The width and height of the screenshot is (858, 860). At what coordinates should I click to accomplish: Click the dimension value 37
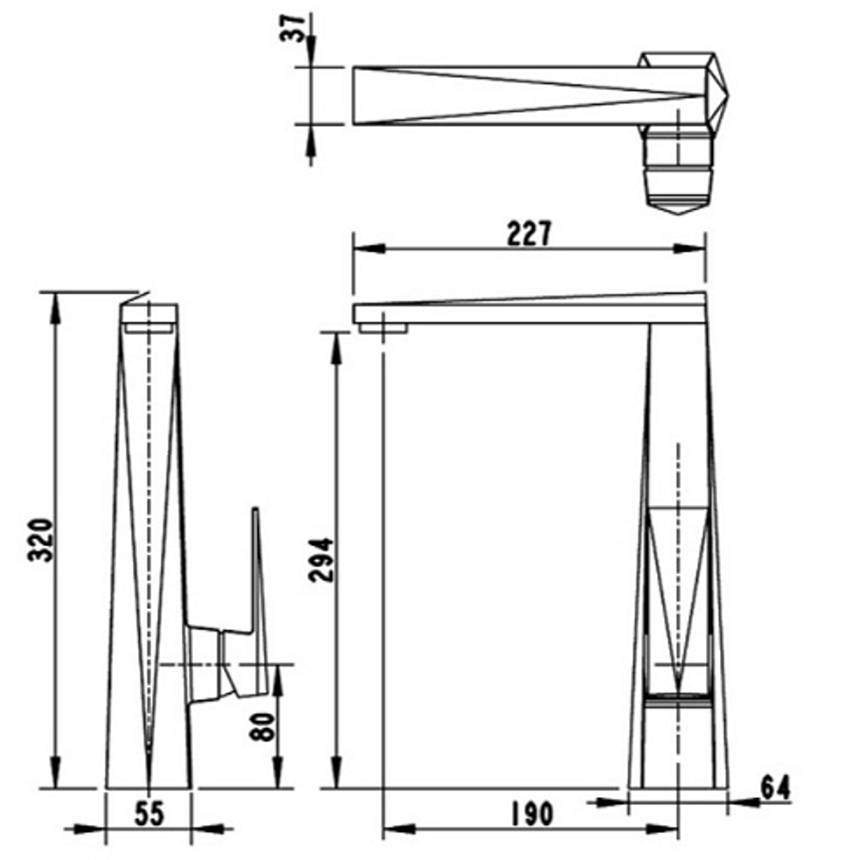293,28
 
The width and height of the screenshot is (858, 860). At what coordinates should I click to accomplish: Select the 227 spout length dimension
529,233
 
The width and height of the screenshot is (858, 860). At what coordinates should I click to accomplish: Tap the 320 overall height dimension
40,540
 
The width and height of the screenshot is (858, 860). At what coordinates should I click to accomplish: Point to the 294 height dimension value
321,560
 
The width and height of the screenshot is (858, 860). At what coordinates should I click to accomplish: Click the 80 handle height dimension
263,727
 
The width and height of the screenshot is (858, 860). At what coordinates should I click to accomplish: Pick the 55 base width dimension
149,814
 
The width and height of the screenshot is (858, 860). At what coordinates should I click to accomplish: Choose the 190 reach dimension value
532,814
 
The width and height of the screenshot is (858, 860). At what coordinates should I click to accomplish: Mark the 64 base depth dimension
776,788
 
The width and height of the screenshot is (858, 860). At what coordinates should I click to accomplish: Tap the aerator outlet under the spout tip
384,328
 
